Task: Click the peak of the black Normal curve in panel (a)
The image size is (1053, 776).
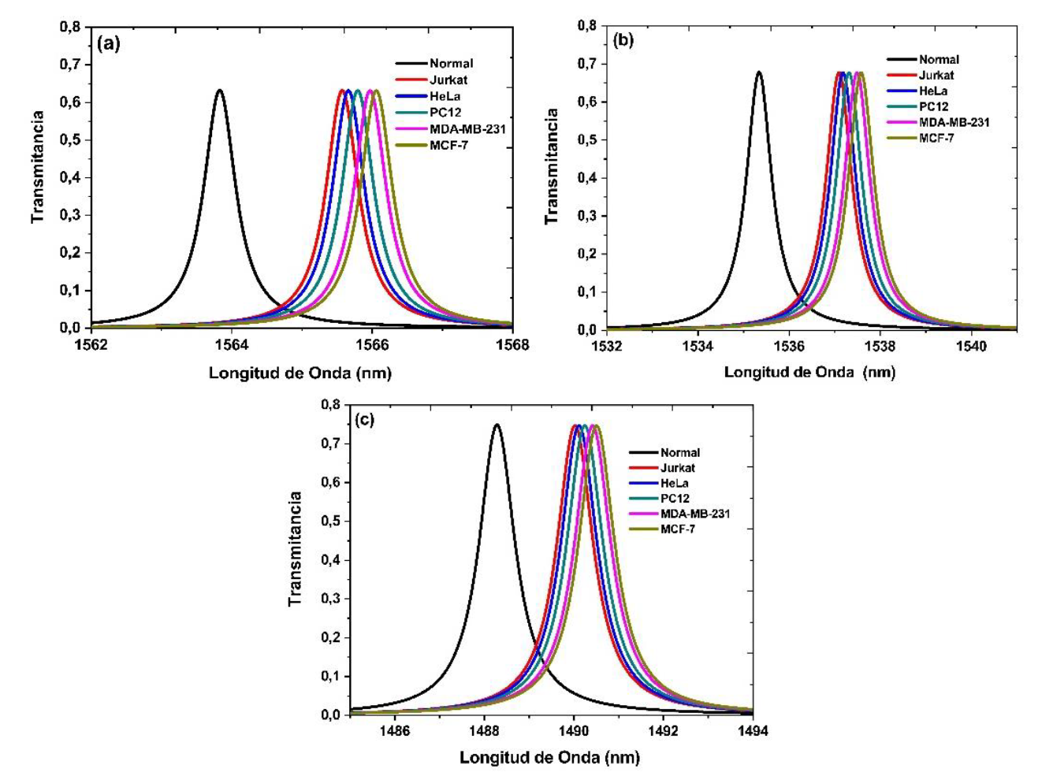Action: [219, 91]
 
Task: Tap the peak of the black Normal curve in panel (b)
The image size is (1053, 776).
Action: [759, 72]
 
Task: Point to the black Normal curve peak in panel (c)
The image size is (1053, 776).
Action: [497, 425]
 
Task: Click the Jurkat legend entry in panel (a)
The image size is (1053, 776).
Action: [448, 80]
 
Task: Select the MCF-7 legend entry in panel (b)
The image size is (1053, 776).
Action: [936, 138]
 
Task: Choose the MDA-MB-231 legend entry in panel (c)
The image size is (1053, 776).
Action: [694, 514]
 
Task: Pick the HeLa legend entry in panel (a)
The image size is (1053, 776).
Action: [445, 96]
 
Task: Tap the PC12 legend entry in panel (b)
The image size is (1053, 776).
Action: [933, 106]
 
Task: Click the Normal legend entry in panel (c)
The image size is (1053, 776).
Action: [679, 452]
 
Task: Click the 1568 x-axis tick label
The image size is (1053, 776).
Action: [513, 344]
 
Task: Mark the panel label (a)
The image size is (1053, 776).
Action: [108, 43]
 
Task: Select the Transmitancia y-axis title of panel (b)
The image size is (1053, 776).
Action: [552, 166]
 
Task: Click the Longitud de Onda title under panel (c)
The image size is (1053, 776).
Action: [549, 758]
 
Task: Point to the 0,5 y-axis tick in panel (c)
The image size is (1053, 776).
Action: [330, 521]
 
